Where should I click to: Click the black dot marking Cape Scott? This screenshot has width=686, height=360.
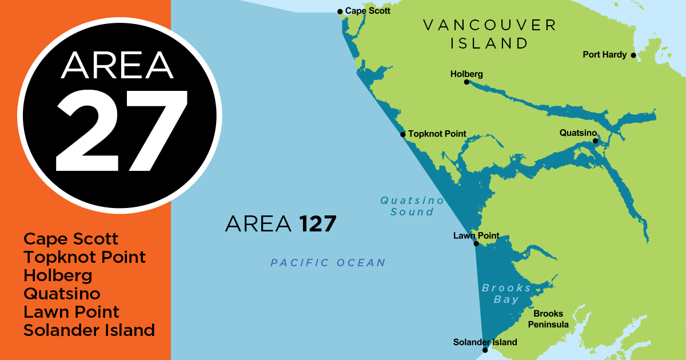coord(340,11)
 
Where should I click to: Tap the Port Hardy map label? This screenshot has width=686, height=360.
coord(604,55)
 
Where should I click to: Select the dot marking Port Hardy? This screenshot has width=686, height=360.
coord(633,55)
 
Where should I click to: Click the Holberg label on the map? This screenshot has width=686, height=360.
coord(466,74)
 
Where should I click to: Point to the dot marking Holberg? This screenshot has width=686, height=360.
coord(466,82)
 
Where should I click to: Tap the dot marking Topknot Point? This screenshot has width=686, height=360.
coord(403,135)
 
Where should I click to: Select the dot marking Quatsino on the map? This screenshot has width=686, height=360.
coord(595,141)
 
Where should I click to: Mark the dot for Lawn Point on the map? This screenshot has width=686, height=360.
coord(476,244)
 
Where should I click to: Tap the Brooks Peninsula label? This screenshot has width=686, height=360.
coord(551,319)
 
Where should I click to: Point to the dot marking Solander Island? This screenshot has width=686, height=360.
coord(485,350)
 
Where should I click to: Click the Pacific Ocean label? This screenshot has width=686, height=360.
coord(328,263)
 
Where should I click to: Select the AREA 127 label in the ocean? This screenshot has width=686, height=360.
coord(281,224)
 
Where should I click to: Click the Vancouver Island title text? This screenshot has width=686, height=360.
coord(489,34)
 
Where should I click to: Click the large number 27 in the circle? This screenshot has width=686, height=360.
coord(121,130)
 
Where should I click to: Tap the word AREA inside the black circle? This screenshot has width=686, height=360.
coord(118,66)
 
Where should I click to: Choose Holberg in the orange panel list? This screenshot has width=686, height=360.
coord(58,275)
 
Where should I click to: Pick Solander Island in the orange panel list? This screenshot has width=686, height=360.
coord(89,330)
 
